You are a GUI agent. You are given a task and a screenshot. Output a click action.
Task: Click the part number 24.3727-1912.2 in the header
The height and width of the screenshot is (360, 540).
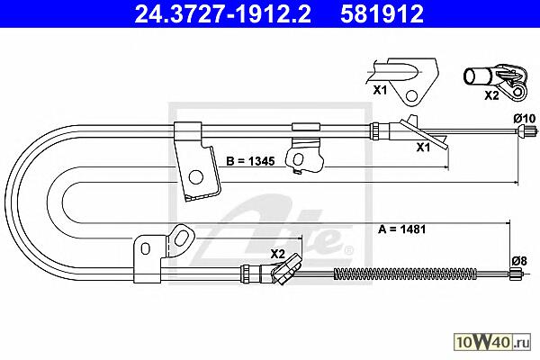[222, 14]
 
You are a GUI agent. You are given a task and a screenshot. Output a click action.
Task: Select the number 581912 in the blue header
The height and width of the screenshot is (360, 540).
[382, 14]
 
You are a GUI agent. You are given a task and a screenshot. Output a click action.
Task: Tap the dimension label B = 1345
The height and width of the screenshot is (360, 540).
[250, 161]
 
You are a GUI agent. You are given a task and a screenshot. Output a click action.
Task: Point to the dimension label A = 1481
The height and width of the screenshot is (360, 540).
[402, 229]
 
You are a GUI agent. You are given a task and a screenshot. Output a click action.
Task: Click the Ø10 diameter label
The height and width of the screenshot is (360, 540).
[525, 119]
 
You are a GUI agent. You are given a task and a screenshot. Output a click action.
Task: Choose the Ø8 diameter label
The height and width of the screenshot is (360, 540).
[519, 261]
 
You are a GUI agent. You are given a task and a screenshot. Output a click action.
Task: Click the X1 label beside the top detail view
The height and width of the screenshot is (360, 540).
[380, 90]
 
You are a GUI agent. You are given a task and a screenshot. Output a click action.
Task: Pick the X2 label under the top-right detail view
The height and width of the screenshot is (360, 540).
[491, 95]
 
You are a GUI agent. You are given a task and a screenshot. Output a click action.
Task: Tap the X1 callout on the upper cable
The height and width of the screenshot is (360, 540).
[423, 148]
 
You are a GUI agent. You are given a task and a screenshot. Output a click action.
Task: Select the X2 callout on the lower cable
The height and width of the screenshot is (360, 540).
[277, 254]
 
